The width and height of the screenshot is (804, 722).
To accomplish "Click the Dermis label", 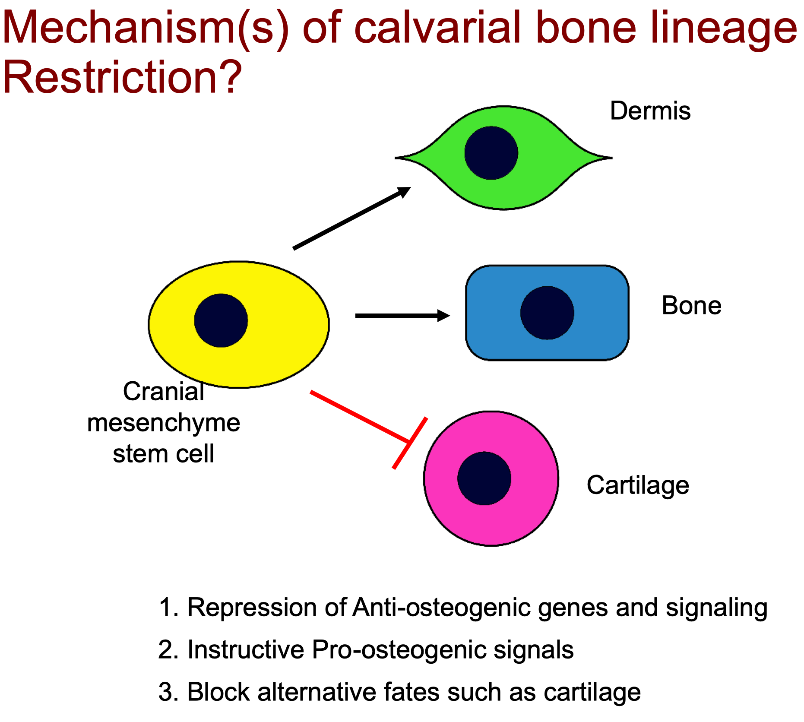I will [650, 111].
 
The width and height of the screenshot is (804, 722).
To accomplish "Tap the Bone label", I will [691, 306].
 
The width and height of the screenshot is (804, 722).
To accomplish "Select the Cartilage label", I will [637, 485].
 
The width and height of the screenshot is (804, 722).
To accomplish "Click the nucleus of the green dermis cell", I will [491, 153].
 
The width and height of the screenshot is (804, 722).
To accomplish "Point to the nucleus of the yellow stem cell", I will [221, 320].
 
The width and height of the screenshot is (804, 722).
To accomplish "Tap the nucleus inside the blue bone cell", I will [547, 313].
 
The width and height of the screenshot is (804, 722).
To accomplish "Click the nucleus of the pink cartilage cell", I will [484, 478].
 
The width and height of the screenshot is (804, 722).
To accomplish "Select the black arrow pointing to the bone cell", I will [402, 316].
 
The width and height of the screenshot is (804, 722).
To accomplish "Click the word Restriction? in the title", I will [122, 77].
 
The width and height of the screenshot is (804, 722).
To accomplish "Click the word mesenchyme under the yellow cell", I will [163, 422].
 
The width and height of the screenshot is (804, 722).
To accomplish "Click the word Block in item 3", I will [218, 692].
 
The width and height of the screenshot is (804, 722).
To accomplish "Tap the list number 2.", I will [168, 649].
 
